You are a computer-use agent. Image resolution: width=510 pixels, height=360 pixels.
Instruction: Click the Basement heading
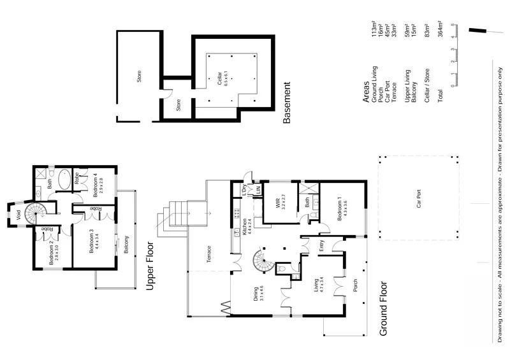pyautogui.click(x=286, y=102)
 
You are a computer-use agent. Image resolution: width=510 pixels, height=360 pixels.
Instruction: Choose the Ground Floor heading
pyautogui.click(x=384, y=308)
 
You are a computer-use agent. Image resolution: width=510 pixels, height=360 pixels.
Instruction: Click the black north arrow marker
pyautogui.click(x=476, y=29)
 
